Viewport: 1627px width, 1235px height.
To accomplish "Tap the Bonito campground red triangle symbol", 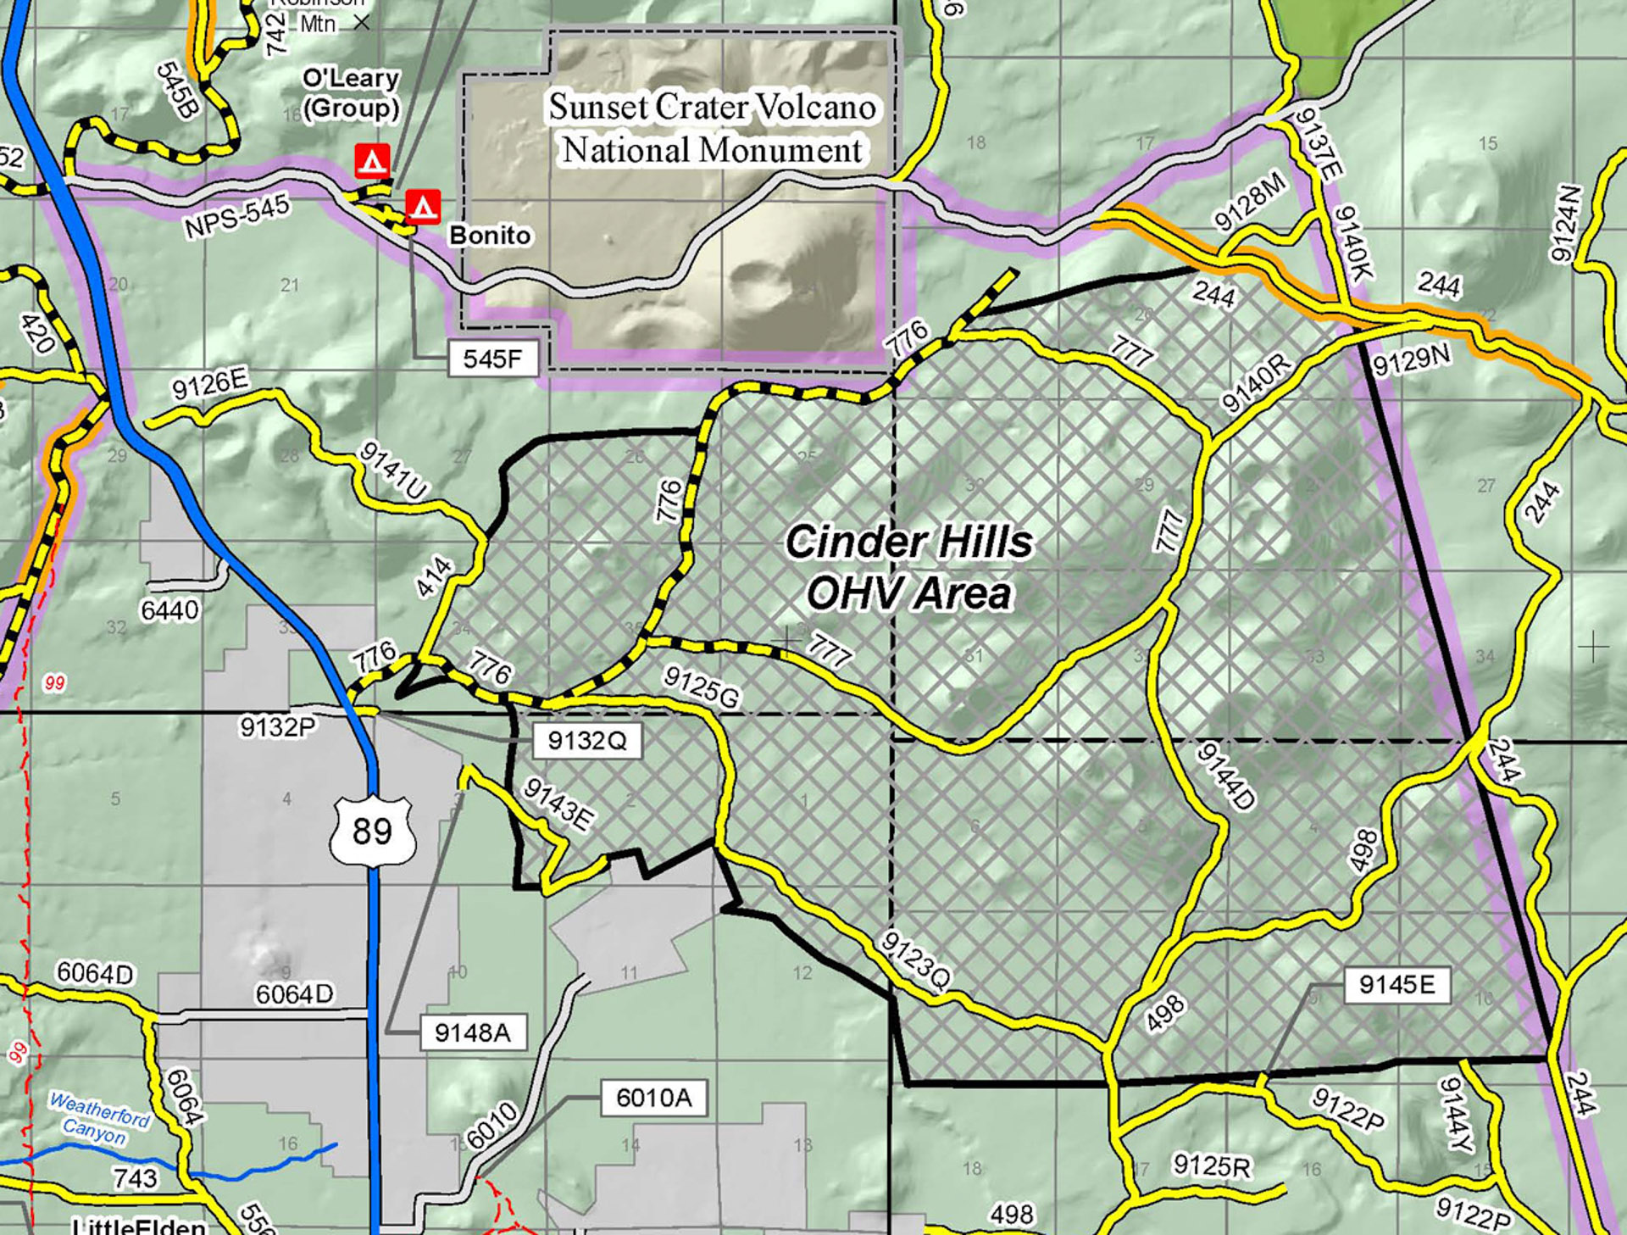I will click(423, 206).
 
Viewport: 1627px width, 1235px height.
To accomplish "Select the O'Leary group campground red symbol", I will click(372, 159).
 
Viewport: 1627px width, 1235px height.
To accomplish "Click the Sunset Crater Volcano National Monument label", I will click(713, 129).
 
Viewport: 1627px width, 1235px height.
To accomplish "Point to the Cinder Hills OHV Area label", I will click(909, 567).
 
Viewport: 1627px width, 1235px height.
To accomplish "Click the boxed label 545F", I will click(493, 359).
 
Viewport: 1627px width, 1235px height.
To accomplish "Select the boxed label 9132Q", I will click(586, 740).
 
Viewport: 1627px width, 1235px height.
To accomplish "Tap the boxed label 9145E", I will click(1397, 984).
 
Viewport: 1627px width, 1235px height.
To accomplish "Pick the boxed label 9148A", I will click(473, 1032).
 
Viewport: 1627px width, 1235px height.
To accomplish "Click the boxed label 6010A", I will click(653, 1098).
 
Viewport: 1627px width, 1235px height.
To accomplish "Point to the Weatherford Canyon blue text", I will click(98, 1118).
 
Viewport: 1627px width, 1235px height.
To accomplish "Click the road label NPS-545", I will click(237, 215).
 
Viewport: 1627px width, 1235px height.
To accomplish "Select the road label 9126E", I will click(210, 384).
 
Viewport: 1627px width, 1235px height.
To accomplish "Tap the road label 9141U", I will click(394, 470).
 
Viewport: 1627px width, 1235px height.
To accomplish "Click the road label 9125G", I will click(701, 687).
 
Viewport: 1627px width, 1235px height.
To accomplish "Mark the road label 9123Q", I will click(916, 961).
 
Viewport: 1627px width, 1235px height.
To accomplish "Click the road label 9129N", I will click(1411, 360).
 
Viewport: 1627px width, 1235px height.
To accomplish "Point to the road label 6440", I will click(170, 609).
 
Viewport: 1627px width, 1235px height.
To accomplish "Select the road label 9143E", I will click(558, 804).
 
